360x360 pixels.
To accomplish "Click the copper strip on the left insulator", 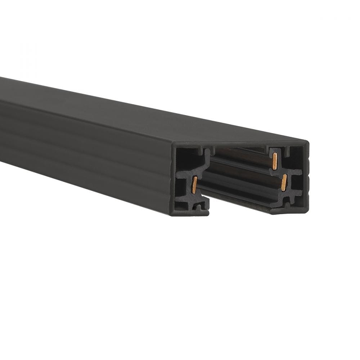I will [x=194, y=185].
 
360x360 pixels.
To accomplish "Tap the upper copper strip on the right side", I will [x=275, y=161].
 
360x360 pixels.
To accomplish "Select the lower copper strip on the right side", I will [x=284, y=183].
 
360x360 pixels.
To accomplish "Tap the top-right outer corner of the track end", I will [x=308, y=142].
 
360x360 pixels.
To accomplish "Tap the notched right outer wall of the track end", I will [x=306, y=176].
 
